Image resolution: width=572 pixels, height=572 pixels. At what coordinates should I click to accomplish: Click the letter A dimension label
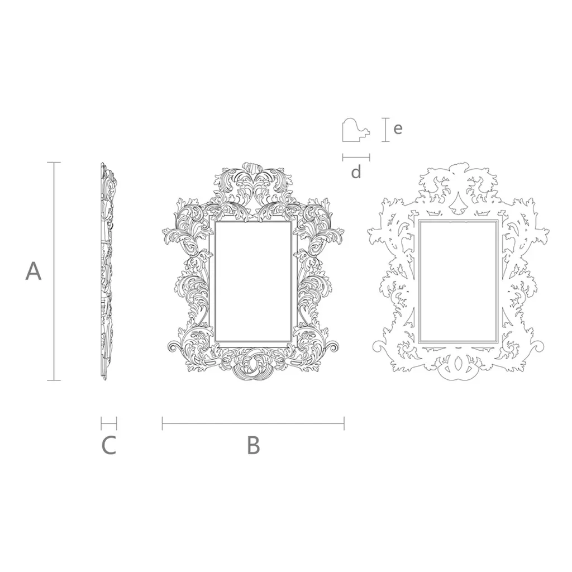(x=33, y=271)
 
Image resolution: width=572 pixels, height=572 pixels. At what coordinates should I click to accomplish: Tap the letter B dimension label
(x=254, y=445)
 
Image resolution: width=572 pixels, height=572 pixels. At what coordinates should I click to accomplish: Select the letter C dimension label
(x=109, y=445)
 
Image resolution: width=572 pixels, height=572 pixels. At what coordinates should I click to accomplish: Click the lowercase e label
(x=398, y=128)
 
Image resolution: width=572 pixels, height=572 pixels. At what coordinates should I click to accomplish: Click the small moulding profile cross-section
(x=356, y=130)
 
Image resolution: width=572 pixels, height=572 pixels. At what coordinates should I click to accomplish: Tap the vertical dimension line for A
(x=54, y=271)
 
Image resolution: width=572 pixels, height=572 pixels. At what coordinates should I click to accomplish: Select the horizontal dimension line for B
(x=253, y=423)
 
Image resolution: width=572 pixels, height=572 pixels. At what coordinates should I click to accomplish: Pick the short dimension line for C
(x=109, y=423)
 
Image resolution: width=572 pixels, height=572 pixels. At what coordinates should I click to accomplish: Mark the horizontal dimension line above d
(x=356, y=157)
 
